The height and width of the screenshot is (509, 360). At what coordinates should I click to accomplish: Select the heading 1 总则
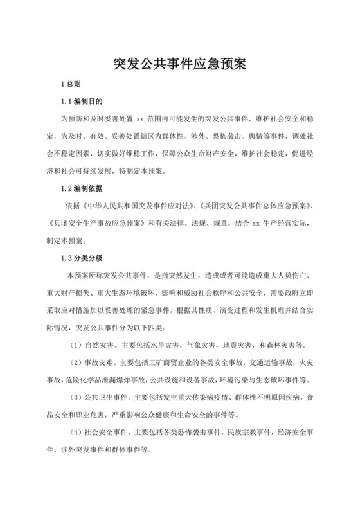tap(70, 84)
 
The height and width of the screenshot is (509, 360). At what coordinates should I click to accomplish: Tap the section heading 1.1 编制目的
tap(81, 102)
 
